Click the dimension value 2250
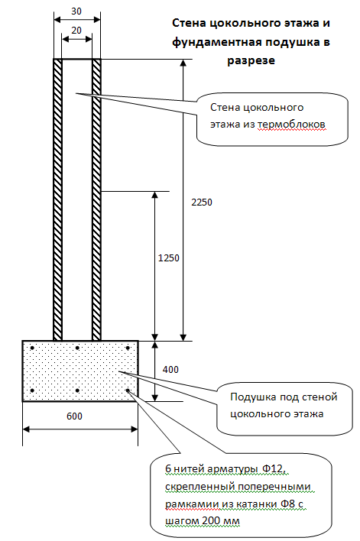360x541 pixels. tap(202, 202)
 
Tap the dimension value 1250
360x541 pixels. tap(168, 258)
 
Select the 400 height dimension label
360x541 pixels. tap(170, 370)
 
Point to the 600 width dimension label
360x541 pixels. tap(74, 416)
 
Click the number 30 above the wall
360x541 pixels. tap(76, 11)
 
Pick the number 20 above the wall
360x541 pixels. tap(76, 31)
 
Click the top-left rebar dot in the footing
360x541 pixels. tap(32, 348)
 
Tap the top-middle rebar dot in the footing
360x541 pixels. tap(77, 348)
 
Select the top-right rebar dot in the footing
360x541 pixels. tap(128, 348)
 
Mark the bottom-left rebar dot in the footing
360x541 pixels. tap(32, 390)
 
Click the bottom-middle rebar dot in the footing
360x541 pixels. tap(77, 390)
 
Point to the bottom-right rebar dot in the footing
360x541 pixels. tap(128, 390)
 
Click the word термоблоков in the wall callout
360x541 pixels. tap(291, 125)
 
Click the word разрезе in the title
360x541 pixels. tap(251, 60)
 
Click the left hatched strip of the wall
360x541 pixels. tap(57, 199)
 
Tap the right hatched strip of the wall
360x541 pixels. tap(96, 199)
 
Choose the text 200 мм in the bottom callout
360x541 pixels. tap(221, 520)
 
